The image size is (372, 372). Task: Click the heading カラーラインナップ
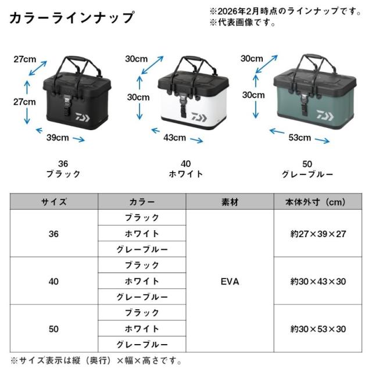click(x=72, y=17)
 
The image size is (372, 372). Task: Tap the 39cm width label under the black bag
click(x=58, y=138)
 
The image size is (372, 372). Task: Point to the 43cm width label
click(x=174, y=138)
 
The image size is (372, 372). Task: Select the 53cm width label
click(x=300, y=138)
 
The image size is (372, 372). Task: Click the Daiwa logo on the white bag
click(x=199, y=117)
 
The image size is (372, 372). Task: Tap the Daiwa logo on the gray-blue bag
click(x=325, y=116)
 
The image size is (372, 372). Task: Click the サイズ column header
click(x=54, y=202)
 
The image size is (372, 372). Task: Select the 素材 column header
click(x=230, y=202)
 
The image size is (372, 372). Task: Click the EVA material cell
click(x=230, y=281)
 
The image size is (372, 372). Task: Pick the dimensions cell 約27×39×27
click(x=318, y=234)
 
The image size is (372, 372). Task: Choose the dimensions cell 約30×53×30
click(x=318, y=329)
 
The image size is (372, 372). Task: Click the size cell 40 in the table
click(x=53, y=281)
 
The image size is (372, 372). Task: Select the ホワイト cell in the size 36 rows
click(x=142, y=234)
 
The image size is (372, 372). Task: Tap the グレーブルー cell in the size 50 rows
click(x=142, y=345)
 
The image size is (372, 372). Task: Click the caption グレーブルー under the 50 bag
click(x=307, y=174)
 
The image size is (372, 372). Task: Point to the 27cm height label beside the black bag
click(x=24, y=102)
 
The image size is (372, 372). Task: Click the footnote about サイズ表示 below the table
click(x=96, y=360)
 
